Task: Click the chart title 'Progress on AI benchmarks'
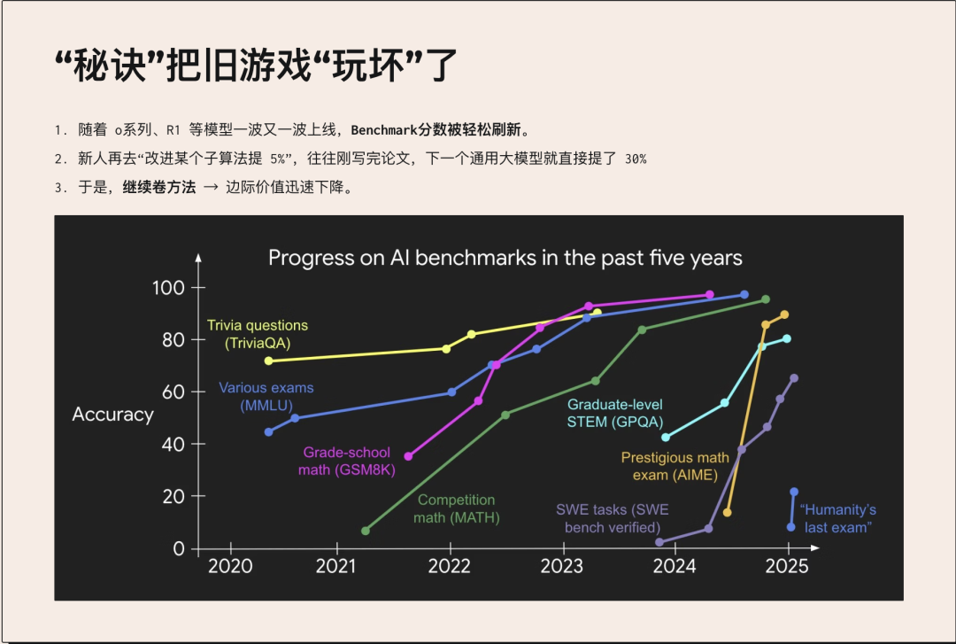(505, 258)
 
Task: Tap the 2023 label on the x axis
(561, 567)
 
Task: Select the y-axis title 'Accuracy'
(112, 415)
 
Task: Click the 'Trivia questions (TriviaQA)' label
(257, 334)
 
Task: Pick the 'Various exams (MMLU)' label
(266, 396)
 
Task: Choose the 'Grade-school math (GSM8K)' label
(347, 461)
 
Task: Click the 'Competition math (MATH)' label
(457, 509)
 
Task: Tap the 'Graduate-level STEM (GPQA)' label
(614, 414)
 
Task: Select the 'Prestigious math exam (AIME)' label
(675, 466)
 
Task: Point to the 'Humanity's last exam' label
(838, 518)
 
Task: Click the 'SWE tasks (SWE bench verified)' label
(612, 518)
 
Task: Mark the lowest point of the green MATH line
(366, 531)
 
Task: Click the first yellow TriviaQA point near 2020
(269, 361)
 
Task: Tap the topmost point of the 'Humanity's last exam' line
(794, 492)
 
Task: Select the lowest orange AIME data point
(728, 512)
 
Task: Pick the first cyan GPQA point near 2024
(666, 437)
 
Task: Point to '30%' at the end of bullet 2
(635, 159)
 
